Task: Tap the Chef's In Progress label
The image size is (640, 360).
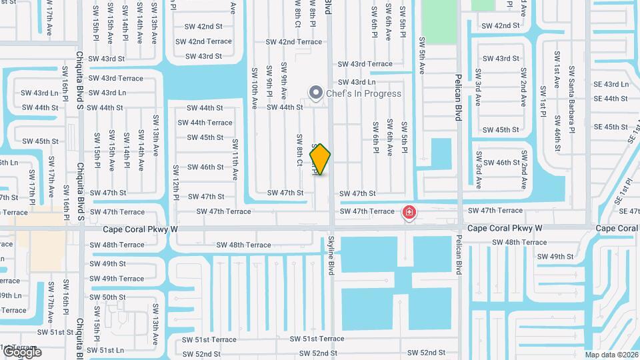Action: (363, 93)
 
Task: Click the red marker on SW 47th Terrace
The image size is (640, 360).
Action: (409, 213)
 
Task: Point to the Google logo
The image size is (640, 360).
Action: (21, 351)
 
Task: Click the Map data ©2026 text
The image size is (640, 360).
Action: (611, 355)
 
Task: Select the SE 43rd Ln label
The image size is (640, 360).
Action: (611, 84)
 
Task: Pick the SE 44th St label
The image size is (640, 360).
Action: (611, 99)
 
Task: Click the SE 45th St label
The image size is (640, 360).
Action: (611, 127)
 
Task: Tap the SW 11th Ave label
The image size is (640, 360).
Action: (235, 160)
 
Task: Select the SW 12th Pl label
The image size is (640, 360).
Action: (175, 182)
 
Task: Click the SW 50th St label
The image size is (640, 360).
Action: (108, 297)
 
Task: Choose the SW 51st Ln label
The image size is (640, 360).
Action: (106, 350)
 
